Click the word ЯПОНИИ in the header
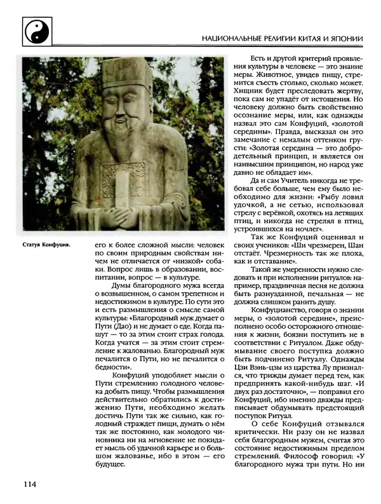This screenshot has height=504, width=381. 345,39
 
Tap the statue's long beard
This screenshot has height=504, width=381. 124,143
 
